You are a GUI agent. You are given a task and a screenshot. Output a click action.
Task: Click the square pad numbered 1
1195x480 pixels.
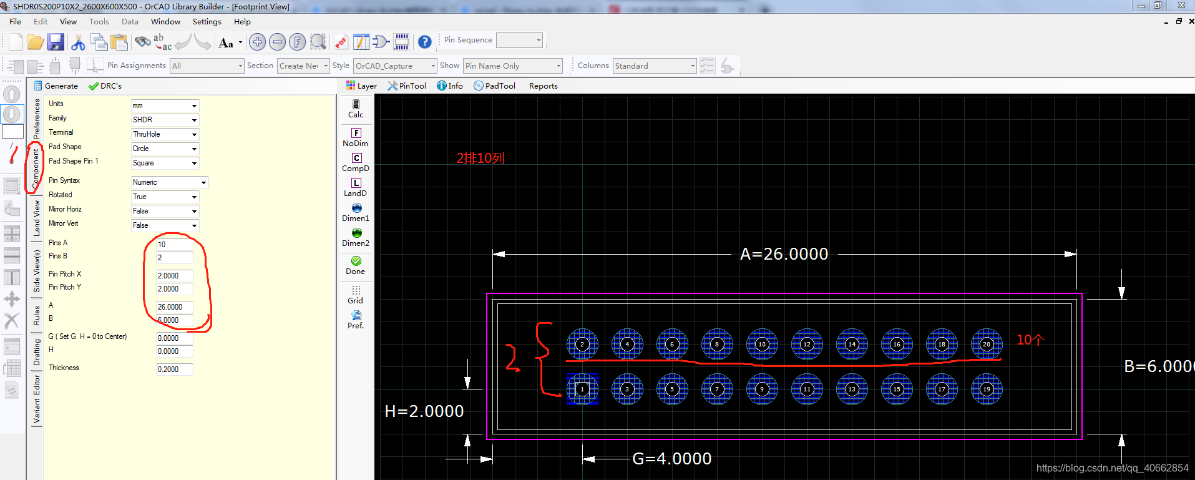pyautogui.click(x=582, y=389)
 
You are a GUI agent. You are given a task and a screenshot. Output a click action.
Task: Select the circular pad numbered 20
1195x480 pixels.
pyautogui.click(x=987, y=344)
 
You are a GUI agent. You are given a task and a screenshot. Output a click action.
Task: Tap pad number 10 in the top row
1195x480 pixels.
pyautogui.click(x=762, y=344)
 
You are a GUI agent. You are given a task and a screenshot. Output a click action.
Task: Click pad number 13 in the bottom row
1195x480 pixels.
pyautogui.click(x=852, y=389)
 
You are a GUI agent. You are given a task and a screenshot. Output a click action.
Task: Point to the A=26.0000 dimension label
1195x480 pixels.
pyautogui.click(x=784, y=254)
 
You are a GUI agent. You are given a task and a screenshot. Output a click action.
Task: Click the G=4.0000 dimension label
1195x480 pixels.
pyautogui.click(x=671, y=459)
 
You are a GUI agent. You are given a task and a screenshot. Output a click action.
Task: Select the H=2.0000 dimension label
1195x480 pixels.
pyautogui.click(x=424, y=411)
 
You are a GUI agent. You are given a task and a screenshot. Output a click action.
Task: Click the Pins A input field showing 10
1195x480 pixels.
pyautogui.click(x=174, y=244)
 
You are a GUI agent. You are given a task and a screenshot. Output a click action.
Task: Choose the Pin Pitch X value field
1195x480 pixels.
pyautogui.click(x=174, y=275)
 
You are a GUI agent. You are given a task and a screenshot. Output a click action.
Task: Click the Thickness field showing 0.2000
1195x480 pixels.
pyautogui.click(x=174, y=370)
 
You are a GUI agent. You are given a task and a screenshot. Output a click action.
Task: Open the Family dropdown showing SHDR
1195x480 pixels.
pyautogui.click(x=165, y=120)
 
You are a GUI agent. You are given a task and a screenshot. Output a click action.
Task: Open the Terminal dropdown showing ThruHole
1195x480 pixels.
pyautogui.click(x=165, y=134)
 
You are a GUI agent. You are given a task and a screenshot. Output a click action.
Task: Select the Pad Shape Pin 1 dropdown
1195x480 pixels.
pyautogui.click(x=165, y=163)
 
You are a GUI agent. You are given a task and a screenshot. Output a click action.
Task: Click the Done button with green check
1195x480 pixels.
pyautogui.click(x=356, y=265)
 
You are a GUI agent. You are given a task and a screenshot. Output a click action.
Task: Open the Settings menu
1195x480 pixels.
pyautogui.click(x=207, y=22)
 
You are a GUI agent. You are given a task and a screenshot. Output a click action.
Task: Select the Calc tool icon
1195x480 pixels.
pyautogui.click(x=356, y=109)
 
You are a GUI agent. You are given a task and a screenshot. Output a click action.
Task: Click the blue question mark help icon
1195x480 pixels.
pyautogui.click(x=424, y=42)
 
